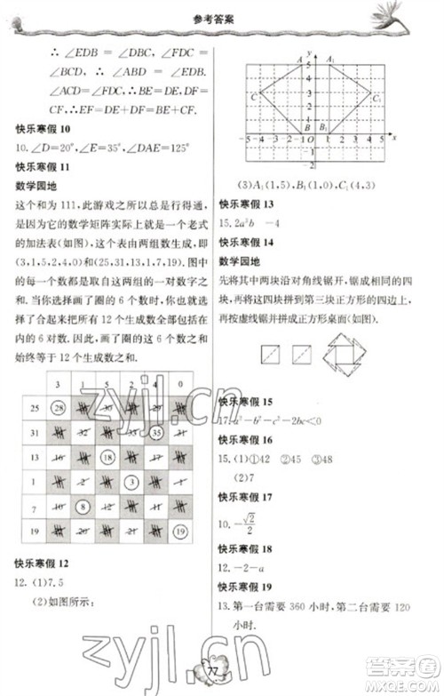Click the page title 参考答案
click(x=223, y=15)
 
